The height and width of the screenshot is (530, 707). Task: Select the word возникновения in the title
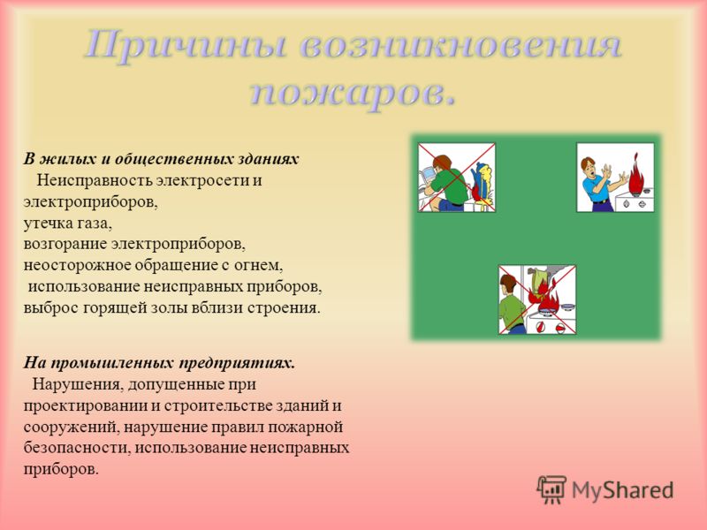tap(460, 45)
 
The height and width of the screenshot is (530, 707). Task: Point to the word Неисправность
tap(95, 180)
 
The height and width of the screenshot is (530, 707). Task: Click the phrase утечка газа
tap(68, 223)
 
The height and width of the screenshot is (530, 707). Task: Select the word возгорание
tap(65, 245)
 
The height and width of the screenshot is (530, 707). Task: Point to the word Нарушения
tap(77, 385)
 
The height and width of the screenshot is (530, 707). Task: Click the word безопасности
tap(77, 448)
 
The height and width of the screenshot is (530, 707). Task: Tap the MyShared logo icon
tap(551, 489)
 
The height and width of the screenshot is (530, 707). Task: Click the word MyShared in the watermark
tap(623, 490)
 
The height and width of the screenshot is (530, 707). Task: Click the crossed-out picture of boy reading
tap(457, 178)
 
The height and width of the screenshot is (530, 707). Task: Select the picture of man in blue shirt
tap(615, 178)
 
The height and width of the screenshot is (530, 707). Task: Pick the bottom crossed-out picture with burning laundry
tap(537, 299)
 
